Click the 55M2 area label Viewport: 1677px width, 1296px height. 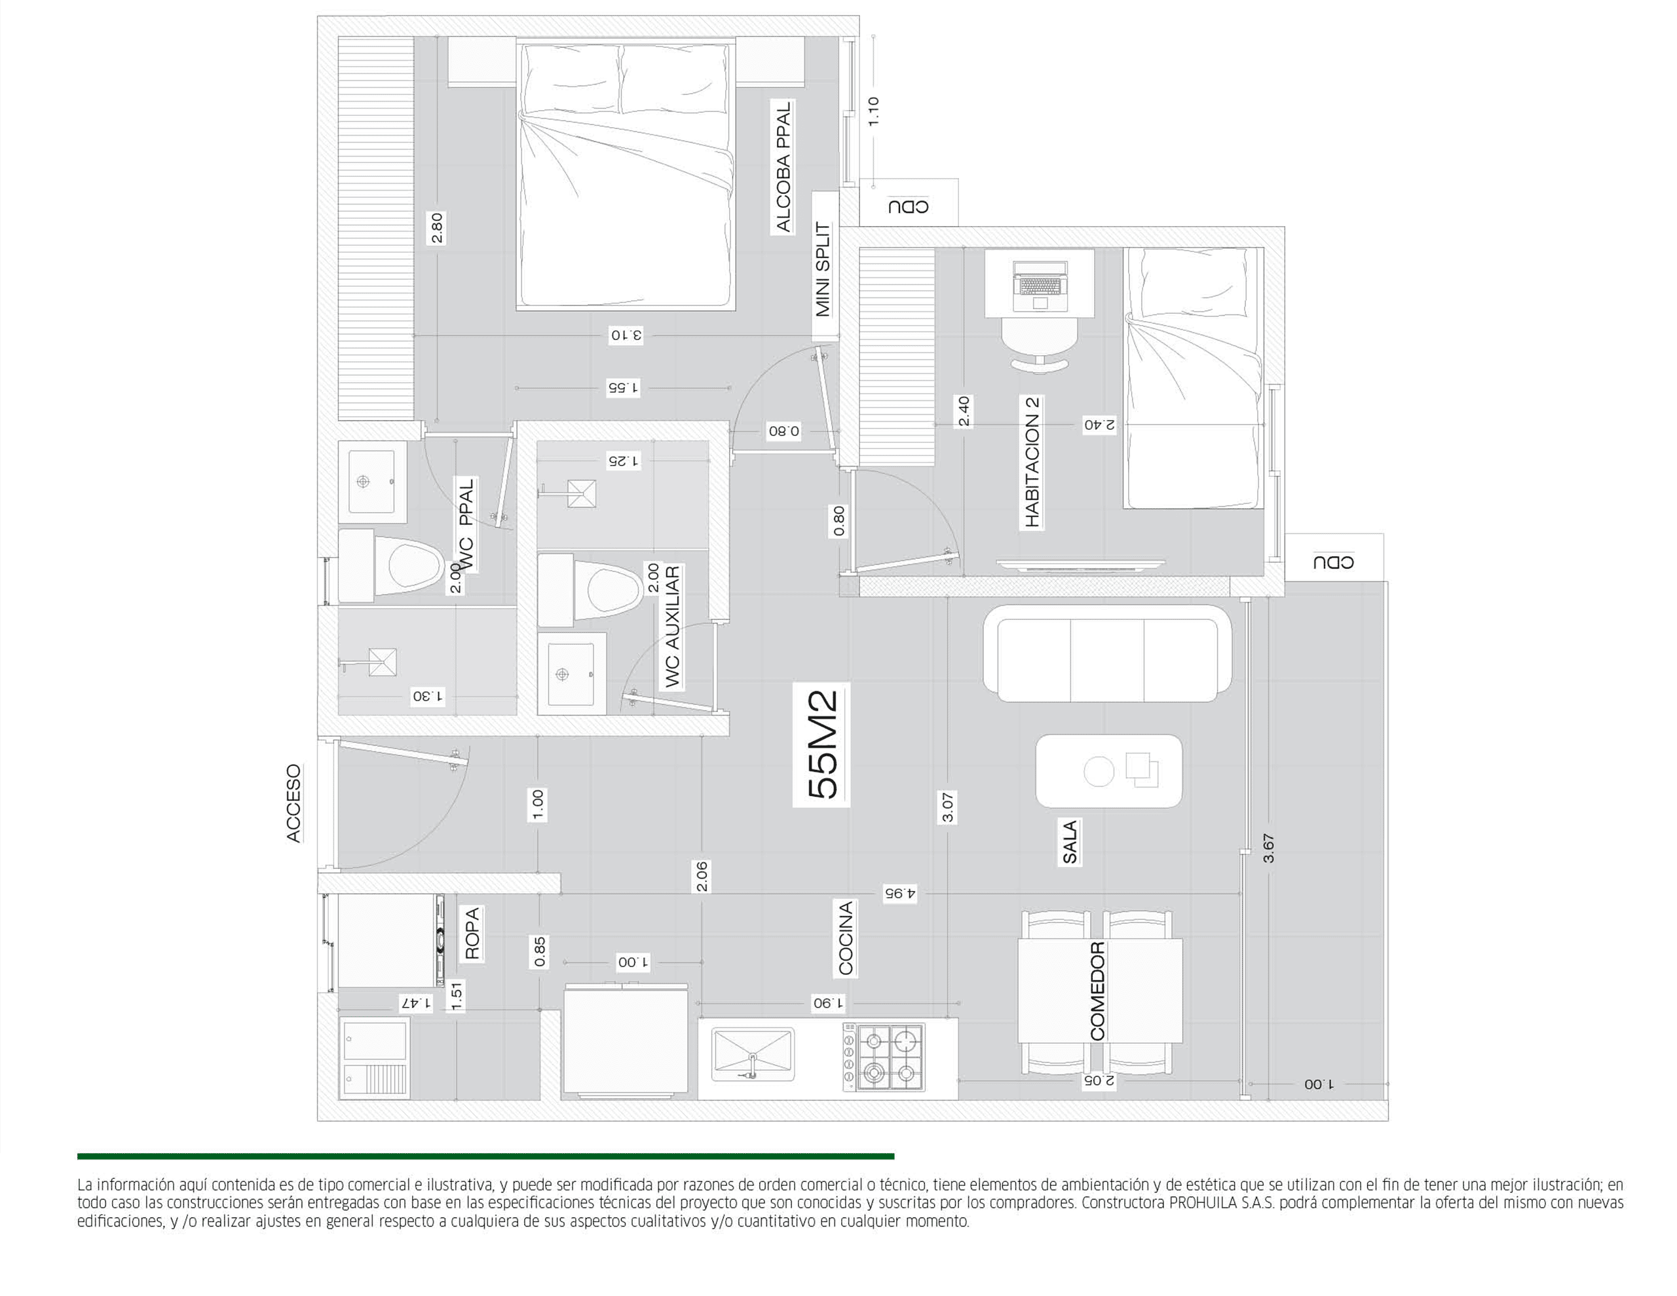pos(822,744)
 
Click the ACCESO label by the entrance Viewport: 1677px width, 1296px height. pos(293,803)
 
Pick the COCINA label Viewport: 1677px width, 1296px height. pos(846,938)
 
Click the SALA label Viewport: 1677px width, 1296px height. pos(1070,842)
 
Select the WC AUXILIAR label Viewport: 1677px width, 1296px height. pos(672,627)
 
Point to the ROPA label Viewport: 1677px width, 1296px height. pos(472,934)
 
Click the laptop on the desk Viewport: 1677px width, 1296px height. pos(1040,286)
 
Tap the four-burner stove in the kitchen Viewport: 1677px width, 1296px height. pos(884,1057)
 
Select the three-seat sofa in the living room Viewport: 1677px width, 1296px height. pos(1106,654)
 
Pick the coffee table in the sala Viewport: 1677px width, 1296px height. pos(1108,771)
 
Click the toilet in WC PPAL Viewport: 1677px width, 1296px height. pos(391,565)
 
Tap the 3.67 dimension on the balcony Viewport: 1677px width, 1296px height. pos(1268,848)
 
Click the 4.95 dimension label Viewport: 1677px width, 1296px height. pos(900,894)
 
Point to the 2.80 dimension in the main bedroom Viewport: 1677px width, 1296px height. pos(437,228)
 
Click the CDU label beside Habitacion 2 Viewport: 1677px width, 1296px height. pos(1333,562)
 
